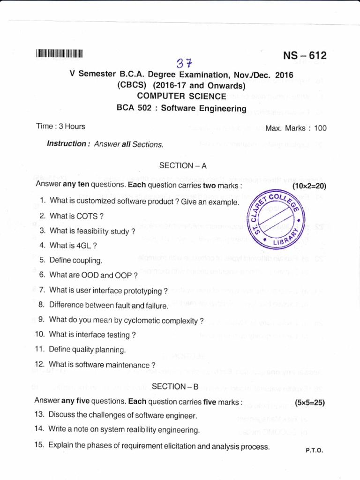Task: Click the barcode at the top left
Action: [59, 53]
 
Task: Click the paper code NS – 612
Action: [305, 56]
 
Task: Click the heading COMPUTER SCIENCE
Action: [181, 96]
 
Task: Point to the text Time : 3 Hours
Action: [61, 127]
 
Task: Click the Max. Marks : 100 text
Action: [296, 128]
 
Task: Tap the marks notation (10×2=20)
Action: [309, 186]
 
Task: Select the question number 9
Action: [41, 319]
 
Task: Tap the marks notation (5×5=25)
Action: [310, 402]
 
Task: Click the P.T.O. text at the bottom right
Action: [314, 450]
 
